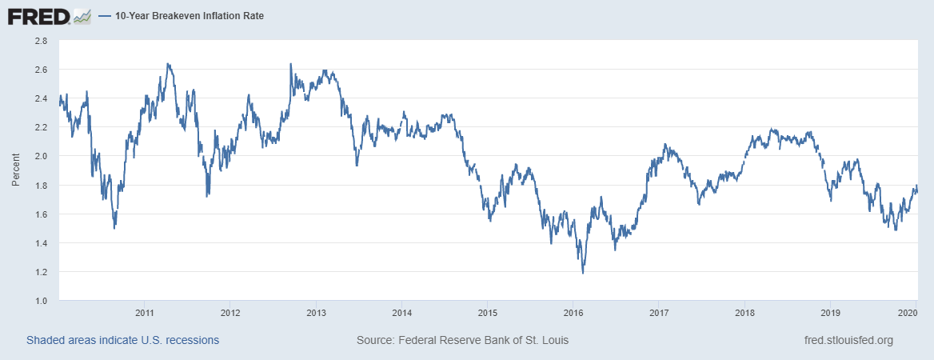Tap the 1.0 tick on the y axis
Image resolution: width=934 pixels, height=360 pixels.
(x=40, y=301)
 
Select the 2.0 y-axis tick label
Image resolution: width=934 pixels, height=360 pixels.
(x=40, y=156)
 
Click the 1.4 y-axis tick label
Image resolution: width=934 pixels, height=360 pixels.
(x=40, y=243)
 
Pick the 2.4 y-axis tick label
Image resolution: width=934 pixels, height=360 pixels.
(x=40, y=98)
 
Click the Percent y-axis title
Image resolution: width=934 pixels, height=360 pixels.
(x=15, y=170)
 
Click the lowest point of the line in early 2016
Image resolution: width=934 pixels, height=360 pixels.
(x=582, y=273)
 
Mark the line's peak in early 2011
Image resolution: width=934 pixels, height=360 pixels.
(x=167, y=64)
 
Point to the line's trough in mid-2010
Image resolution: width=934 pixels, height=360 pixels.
(x=114, y=228)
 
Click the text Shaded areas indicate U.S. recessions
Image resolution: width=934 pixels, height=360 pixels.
(x=122, y=340)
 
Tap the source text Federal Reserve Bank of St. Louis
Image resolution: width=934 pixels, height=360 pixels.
(x=462, y=340)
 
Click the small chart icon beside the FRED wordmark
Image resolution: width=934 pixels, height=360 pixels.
(x=82, y=15)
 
